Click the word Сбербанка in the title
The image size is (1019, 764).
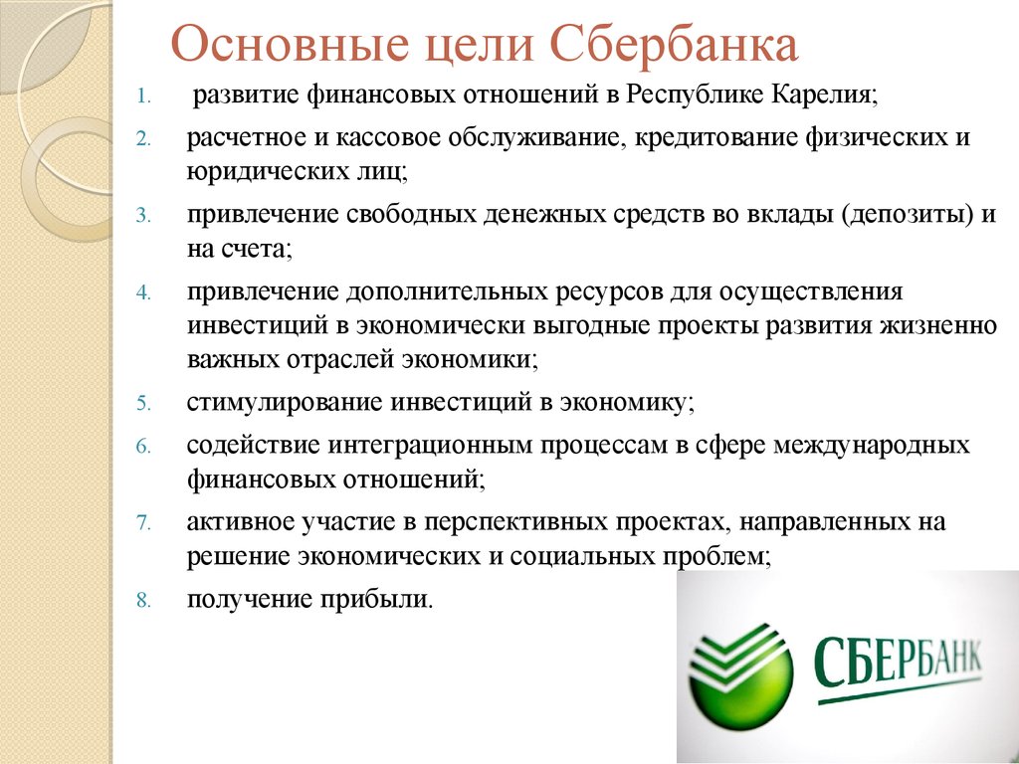(x=674, y=46)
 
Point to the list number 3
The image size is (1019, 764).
(x=143, y=215)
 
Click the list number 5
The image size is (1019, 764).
(x=143, y=404)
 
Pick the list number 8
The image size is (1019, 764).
(x=143, y=600)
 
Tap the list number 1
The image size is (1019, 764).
(x=143, y=97)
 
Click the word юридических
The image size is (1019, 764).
(x=256, y=173)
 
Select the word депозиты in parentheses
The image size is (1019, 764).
(x=907, y=215)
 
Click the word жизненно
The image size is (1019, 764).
(x=937, y=324)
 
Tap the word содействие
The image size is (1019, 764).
(x=254, y=445)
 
